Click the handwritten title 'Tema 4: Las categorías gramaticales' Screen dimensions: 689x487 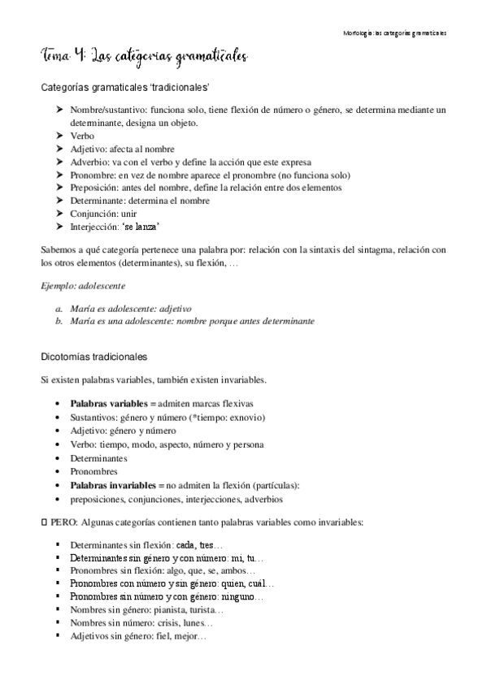[143, 55]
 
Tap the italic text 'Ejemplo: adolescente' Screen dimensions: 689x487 [85, 286]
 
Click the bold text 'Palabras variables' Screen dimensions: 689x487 [107, 404]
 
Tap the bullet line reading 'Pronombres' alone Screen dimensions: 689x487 [94, 472]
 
